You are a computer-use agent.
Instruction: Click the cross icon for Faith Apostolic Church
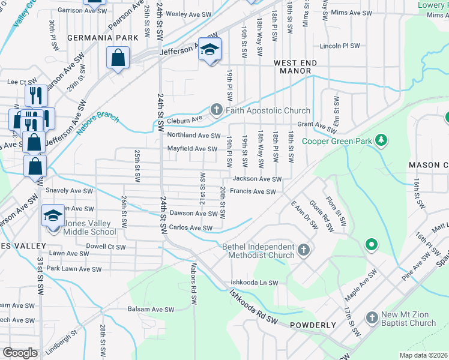point(215,110)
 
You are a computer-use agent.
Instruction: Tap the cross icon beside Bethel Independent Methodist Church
point(304,250)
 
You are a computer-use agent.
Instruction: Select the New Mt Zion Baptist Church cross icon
point(372,317)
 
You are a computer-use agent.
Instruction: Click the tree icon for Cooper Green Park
point(380,140)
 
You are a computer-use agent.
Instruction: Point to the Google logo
point(20,353)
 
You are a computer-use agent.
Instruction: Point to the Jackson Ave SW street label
point(257,179)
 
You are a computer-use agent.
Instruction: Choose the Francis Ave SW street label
point(253,192)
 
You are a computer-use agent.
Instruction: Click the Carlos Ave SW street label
point(191,228)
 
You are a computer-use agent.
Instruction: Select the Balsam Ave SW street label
point(151,310)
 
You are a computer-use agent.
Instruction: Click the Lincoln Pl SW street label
point(340,46)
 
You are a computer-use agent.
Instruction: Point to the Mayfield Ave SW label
point(192,149)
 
